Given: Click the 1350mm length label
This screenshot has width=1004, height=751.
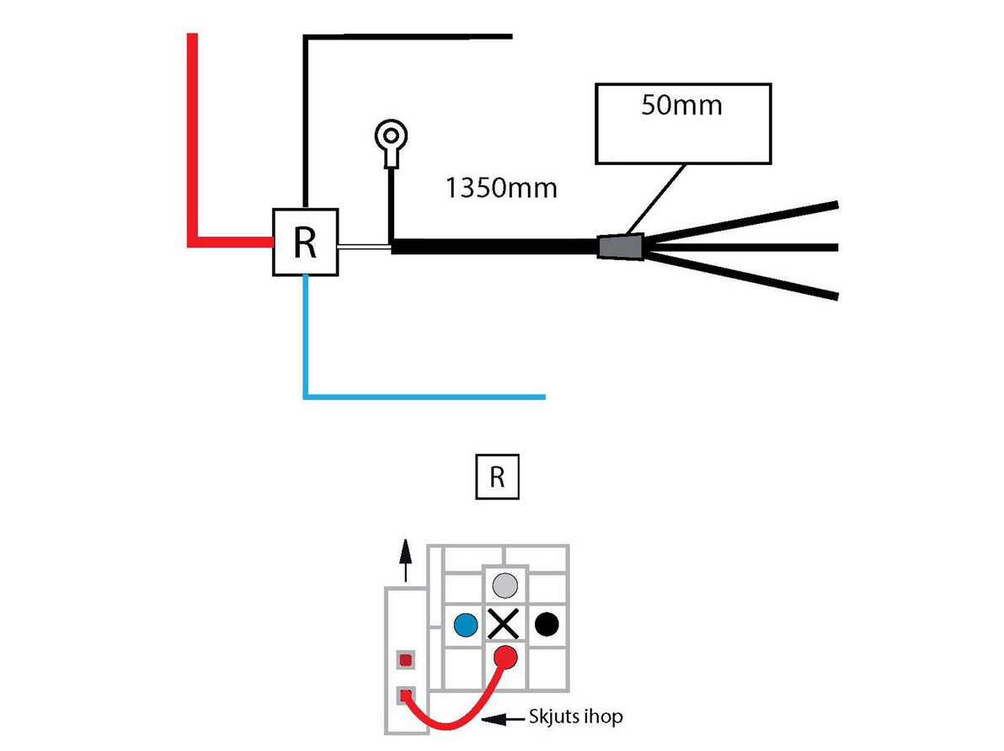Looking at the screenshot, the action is click(501, 189).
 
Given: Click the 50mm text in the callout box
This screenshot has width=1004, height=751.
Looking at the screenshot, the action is click(682, 105).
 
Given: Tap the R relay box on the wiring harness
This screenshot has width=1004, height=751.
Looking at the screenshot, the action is click(306, 242).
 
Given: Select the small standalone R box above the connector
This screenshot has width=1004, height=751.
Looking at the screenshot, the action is click(498, 477).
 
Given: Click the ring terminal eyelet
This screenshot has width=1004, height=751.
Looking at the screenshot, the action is click(391, 136).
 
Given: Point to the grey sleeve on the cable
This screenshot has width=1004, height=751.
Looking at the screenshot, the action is click(621, 248).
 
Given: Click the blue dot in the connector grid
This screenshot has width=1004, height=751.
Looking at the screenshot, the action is click(466, 625).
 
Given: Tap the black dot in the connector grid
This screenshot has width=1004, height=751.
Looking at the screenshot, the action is click(546, 624).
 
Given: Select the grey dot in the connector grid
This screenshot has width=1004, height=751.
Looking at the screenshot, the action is click(505, 585).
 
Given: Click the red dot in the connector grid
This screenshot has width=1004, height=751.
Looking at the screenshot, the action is click(505, 657).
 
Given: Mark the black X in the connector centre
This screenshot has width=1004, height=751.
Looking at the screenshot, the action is click(504, 624).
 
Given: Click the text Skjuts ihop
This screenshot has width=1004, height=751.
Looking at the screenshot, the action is click(575, 717).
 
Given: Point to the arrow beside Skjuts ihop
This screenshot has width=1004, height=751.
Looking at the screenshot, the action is click(504, 720).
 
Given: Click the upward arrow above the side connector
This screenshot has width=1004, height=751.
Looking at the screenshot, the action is click(404, 560).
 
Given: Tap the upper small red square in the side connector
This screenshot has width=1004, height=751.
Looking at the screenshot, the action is click(405, 659).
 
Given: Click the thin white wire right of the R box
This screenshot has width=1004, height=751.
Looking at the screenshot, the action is click(365, 246).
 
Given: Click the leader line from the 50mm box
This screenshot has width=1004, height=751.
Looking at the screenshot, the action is click(656, 199).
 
